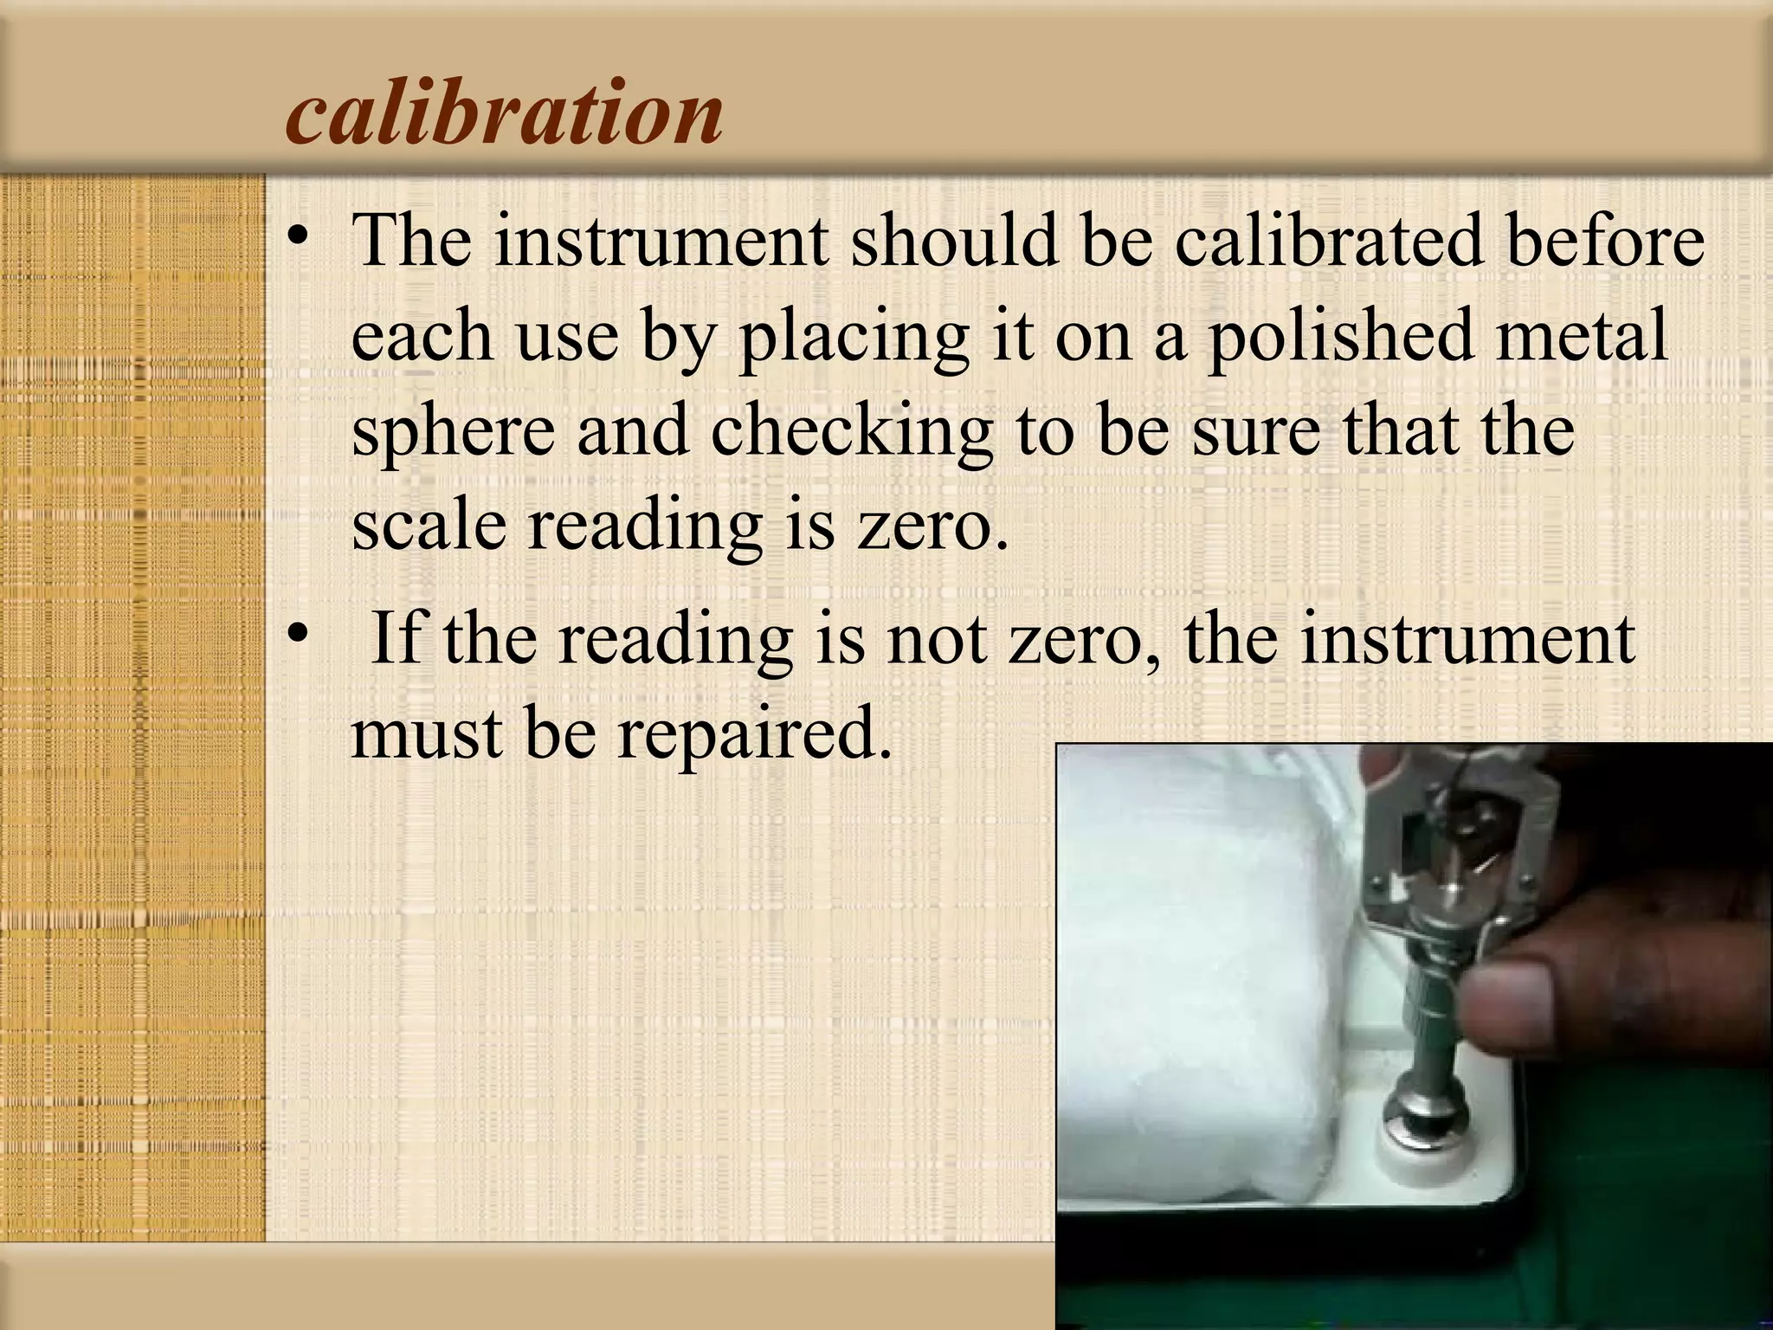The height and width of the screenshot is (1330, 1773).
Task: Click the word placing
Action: tap(852, 338)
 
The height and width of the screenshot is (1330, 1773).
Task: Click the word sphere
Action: tap(452, 433)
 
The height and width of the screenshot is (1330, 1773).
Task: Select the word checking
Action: tap(851, 433)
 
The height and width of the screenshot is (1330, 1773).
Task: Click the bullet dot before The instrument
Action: tap(299, 238)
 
